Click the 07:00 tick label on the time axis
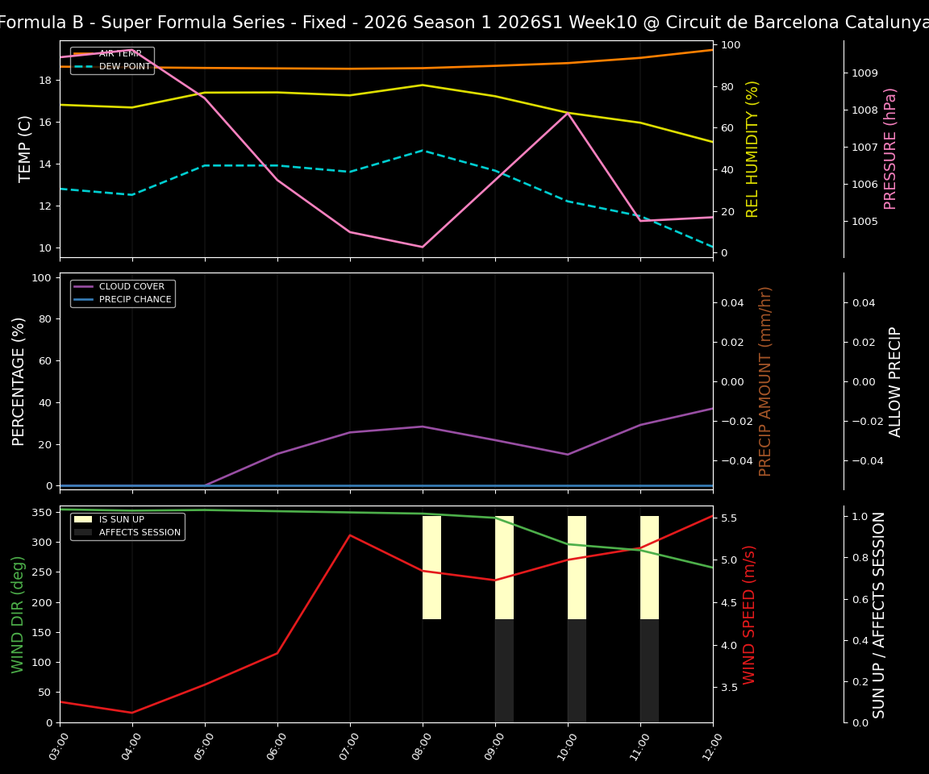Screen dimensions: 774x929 (x=348, y=741)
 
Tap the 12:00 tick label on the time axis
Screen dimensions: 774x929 (x=710, y=741)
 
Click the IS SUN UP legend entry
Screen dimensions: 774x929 (x=122, y=519)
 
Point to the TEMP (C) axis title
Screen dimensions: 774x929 (x=26, y=148)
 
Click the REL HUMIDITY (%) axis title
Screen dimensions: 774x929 (x=752, y=148)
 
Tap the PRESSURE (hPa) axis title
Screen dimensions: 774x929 (x=890, y=148)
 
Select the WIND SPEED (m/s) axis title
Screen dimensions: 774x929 (x=750, y=614)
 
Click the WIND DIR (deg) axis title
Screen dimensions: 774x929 (x=18, y=614)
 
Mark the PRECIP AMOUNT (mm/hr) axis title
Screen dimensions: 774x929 (x=765, y=381)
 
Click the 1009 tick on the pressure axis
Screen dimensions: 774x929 (x=864, y=73)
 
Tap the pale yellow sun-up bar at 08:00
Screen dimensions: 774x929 (x=431, y=568)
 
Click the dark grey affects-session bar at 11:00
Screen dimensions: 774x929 (x=649, y=671)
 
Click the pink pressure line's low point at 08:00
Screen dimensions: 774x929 (x=423, y=247)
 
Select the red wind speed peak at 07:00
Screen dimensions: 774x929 (x=350, y=535)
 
